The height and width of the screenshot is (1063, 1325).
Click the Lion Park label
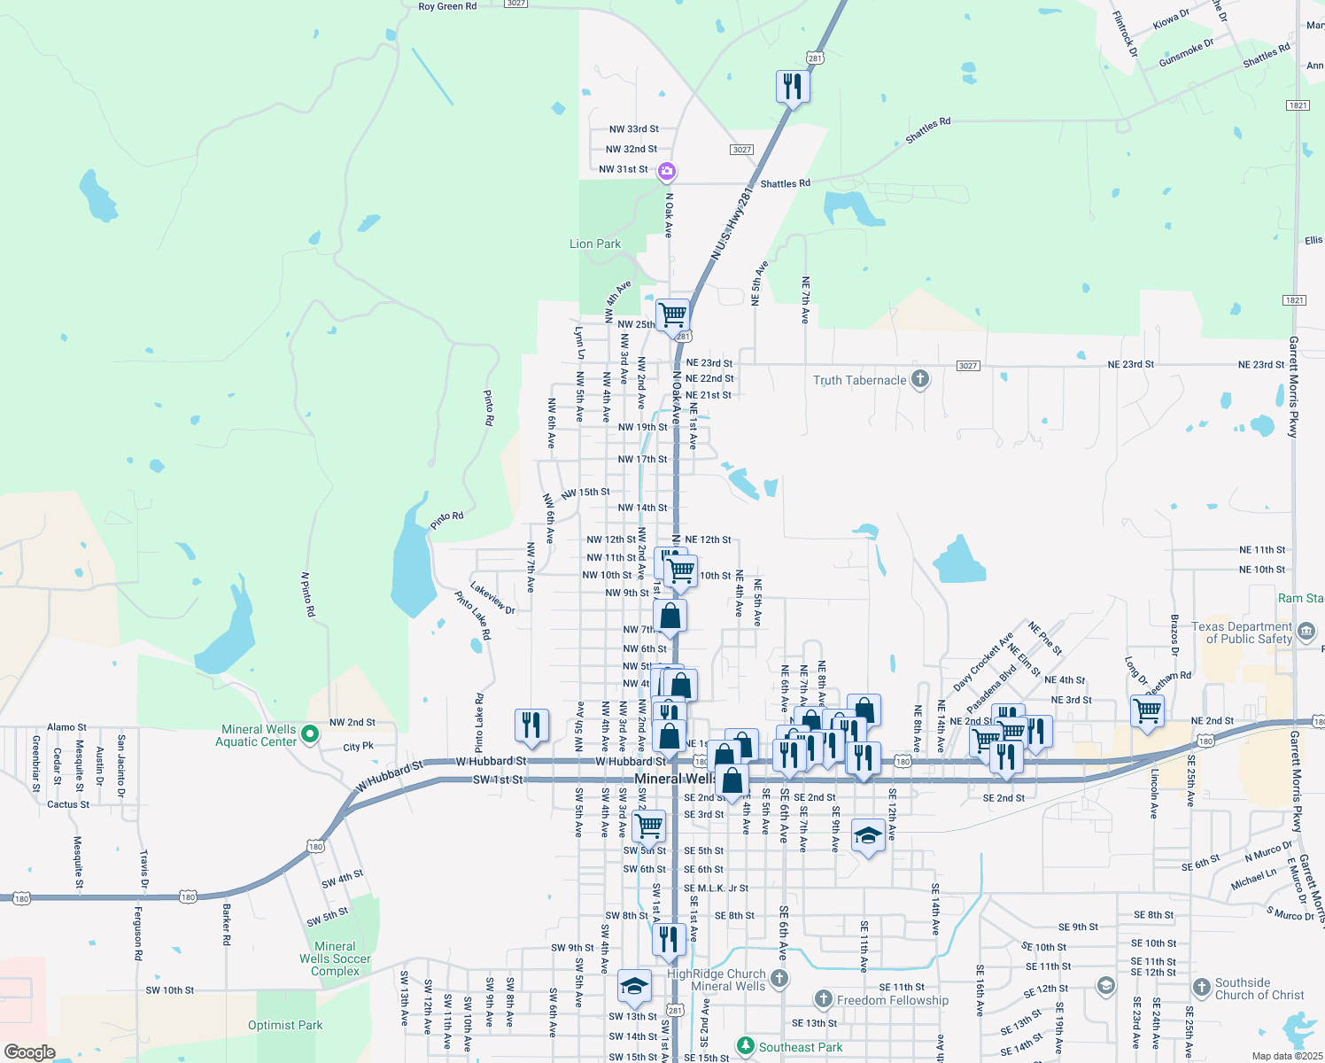click(x=595, y=244)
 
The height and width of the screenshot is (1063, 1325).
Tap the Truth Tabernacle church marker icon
click(x=920, y=380)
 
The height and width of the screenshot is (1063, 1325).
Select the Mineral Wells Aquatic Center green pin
click(x=309, y=733)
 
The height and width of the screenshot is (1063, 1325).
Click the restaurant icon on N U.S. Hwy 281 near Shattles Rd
click(x=793, y=87)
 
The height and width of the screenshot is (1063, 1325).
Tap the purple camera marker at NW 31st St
click(x=667, y=171)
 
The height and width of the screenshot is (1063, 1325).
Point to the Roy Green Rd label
click(x=447, y=6)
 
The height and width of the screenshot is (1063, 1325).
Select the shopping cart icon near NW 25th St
click(x=673, y=314)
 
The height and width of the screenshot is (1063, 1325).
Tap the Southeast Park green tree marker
click(x=746, y=1047)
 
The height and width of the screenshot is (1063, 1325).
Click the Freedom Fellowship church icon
click(x=824, y=1000)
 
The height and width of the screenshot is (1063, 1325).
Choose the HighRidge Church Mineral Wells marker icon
click(x=779, y=978)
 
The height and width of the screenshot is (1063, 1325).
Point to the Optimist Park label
click(x=285, y=1025)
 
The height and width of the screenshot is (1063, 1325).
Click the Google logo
click(x=29, y=1052)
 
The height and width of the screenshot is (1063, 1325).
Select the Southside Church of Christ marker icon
click(x=1202, y=987)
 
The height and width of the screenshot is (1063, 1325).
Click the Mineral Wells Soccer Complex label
click(x=335, y=958)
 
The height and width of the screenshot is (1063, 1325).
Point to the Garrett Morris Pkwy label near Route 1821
click(x=1294, y=386)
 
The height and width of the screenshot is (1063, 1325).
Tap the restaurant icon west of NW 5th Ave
click(x=531, y=725)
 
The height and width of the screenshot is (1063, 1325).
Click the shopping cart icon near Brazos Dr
click(x=1147, y=710)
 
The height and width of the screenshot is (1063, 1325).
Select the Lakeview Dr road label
click(x=492, y=598)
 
